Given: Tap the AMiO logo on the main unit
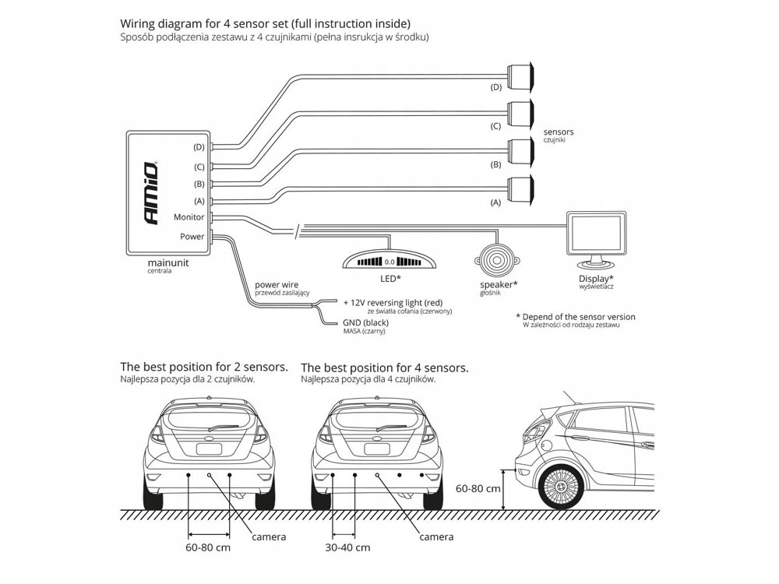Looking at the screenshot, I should (150, 193).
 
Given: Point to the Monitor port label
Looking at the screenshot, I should (189, 218).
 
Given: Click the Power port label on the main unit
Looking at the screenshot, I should (192, 237).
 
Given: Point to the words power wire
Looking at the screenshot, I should (277, 285).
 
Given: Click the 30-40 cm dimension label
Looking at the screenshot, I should (348, 547).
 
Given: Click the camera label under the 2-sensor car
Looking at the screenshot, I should (269, 537).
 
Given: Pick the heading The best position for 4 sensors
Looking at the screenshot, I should (384, 367).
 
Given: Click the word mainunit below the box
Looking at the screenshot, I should (167, 263).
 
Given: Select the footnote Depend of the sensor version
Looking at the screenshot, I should (575, 317).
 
